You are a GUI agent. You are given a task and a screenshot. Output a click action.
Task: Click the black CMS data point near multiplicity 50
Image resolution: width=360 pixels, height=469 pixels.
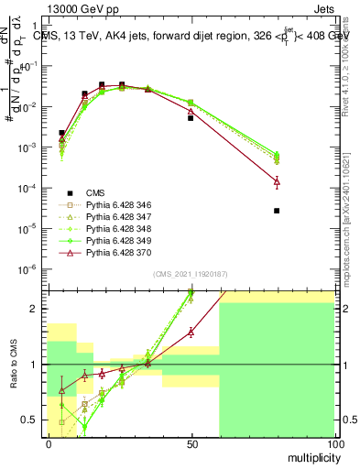191,118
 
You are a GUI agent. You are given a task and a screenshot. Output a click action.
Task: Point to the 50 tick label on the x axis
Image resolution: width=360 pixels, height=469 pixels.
191,443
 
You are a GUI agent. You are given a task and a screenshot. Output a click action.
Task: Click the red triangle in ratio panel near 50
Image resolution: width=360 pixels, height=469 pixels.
191,332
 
